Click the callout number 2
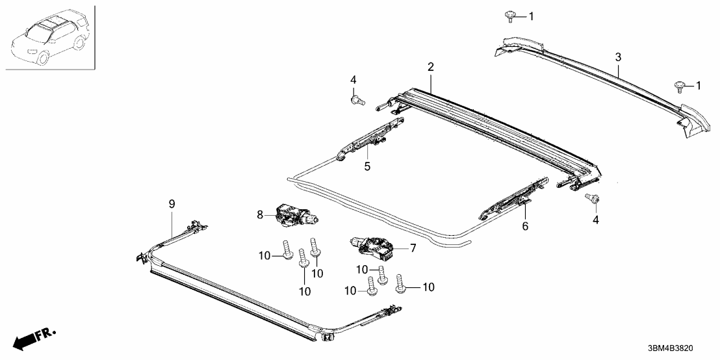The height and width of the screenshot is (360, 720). click(x=430, y=67)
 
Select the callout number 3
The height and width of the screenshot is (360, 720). click(x=618, y=58)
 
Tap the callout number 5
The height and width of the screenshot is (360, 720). click(x=367, y=166)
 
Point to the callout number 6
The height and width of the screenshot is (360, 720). click(x=525, y=226)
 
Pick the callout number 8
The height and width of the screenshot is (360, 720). click(x=261, y=214)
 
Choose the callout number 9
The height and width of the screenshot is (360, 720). click(x=172, y=204)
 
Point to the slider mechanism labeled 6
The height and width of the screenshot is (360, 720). click(x=514, y=198)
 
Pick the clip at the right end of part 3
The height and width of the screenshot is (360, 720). click(x=680, y=84)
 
